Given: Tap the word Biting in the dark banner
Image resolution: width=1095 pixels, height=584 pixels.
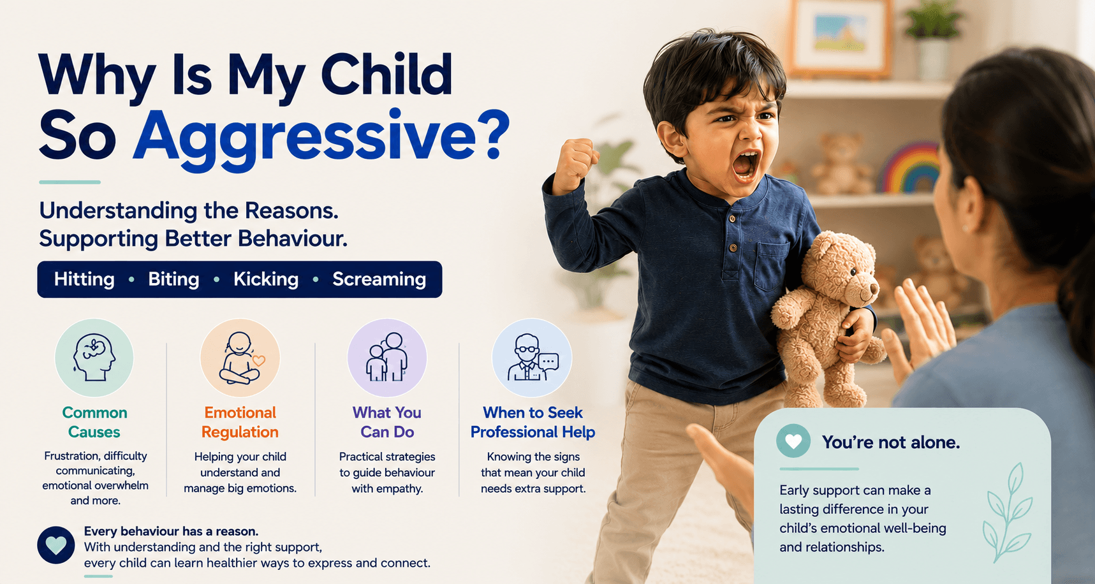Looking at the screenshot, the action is (173, 279).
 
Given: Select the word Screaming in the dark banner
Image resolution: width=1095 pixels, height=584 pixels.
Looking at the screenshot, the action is (379, 279).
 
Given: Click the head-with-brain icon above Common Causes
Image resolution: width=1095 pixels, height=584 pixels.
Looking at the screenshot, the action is (94, 358).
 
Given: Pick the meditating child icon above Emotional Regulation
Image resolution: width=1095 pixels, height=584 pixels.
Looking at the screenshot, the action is (240, 358).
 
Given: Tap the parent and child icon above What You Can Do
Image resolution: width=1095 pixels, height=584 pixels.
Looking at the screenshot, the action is (387, 358).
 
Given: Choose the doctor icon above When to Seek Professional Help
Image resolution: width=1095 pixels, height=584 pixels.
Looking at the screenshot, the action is (533, 358).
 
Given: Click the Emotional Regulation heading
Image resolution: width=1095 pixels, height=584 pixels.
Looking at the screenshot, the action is (240, 422).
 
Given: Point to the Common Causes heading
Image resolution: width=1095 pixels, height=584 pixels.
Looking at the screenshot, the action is (94, 422).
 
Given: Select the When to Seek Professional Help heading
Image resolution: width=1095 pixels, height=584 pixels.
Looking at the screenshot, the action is (533, 422).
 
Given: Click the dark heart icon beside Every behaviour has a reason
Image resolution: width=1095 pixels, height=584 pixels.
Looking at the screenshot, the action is (56, 545).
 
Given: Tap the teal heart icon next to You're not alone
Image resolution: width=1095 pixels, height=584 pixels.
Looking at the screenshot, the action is (793, 441).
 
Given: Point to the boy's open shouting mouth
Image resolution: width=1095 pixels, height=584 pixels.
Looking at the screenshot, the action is (745, 164).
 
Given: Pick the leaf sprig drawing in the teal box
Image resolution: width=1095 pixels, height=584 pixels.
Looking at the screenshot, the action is (1008, 513).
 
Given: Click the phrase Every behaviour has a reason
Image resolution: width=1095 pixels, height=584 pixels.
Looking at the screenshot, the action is (171, 531).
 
